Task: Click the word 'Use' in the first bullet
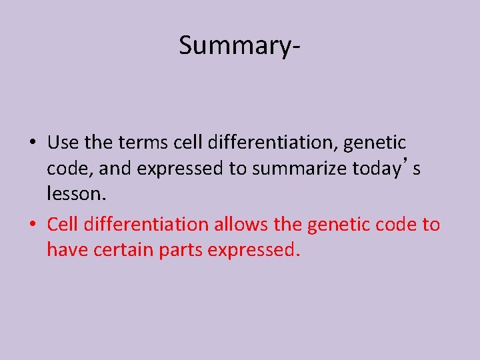tap(62, 143)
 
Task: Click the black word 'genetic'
tap(375, 143)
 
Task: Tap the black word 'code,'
tap(69, 169)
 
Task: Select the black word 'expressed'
tap(181, 169)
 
